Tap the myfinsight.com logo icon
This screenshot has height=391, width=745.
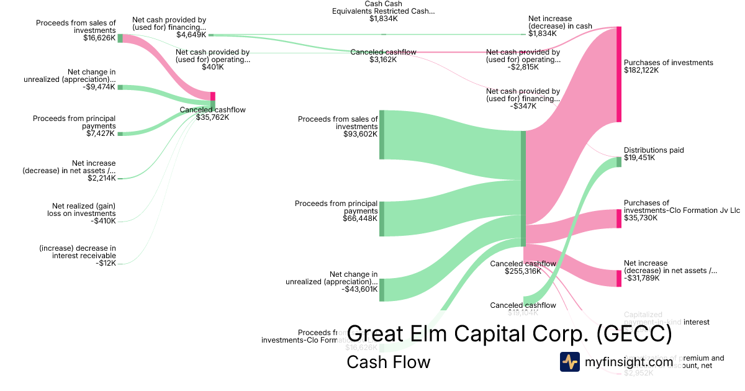coord(569,362)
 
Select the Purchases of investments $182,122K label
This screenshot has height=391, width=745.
coord(668,66)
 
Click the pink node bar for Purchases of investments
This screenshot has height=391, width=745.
coord(618,74)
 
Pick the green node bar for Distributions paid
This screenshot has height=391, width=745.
coord(618,162)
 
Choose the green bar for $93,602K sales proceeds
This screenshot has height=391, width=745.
coord(382,134)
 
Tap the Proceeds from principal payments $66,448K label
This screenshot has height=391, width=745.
coord(336,210)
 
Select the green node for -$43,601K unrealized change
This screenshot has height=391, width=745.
coord(382,290)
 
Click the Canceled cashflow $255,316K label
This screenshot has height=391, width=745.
coord(523,267)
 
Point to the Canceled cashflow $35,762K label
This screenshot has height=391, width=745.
coord(212,114)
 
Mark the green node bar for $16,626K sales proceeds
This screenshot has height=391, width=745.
coord(120,38)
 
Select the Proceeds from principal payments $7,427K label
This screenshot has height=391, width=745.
coord(74,125)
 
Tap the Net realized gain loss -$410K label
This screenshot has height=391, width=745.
coord(81,213)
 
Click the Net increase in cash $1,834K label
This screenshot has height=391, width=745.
coord(559,27)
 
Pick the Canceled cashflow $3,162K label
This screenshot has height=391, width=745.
coord(383,56)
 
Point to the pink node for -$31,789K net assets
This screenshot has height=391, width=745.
coord(618,278)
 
